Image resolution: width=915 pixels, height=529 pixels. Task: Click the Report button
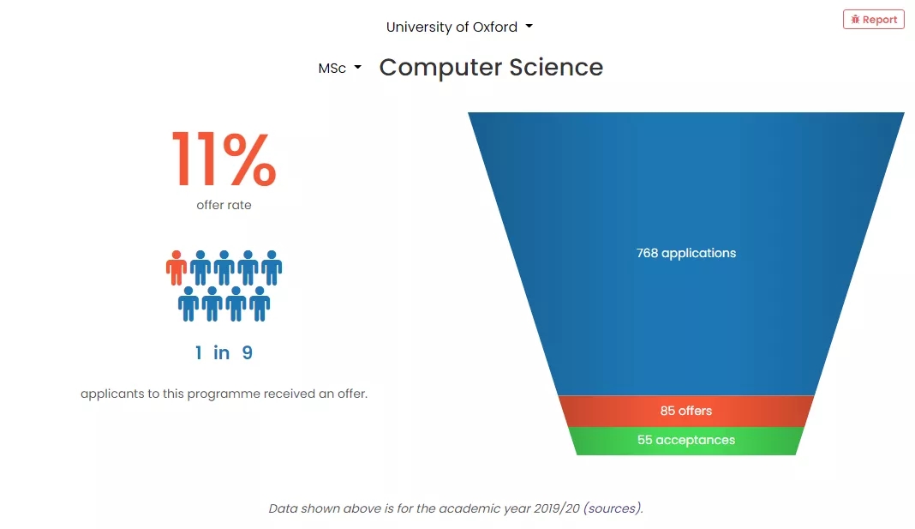click(874, 19)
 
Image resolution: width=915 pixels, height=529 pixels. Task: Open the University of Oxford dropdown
click(459, 27)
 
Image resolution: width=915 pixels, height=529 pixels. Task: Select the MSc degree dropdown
click(339, 69)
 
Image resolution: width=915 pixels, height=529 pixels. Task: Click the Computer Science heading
click(491, 67)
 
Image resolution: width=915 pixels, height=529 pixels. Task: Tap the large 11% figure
click(224, 159)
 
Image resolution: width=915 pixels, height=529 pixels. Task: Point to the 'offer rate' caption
click(224, 205)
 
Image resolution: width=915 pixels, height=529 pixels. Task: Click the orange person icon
click(176, 268)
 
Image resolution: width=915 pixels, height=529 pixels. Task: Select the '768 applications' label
click(686, 253)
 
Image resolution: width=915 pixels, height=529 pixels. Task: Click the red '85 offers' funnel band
click(686, 411)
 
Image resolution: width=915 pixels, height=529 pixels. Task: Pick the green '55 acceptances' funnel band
click(686, 441)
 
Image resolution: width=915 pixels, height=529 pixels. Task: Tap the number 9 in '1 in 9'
click(248, 352)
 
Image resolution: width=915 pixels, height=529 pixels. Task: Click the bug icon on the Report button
click(856, 19)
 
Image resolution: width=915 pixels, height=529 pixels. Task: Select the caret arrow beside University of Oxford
click(529, 26)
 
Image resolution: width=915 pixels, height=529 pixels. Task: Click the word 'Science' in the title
click(556, 67)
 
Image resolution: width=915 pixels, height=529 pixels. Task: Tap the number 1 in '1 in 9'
click(199, 352)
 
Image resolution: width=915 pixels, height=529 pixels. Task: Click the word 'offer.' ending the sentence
click(352, 394)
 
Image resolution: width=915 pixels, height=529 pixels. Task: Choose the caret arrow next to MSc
click(358, 67)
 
